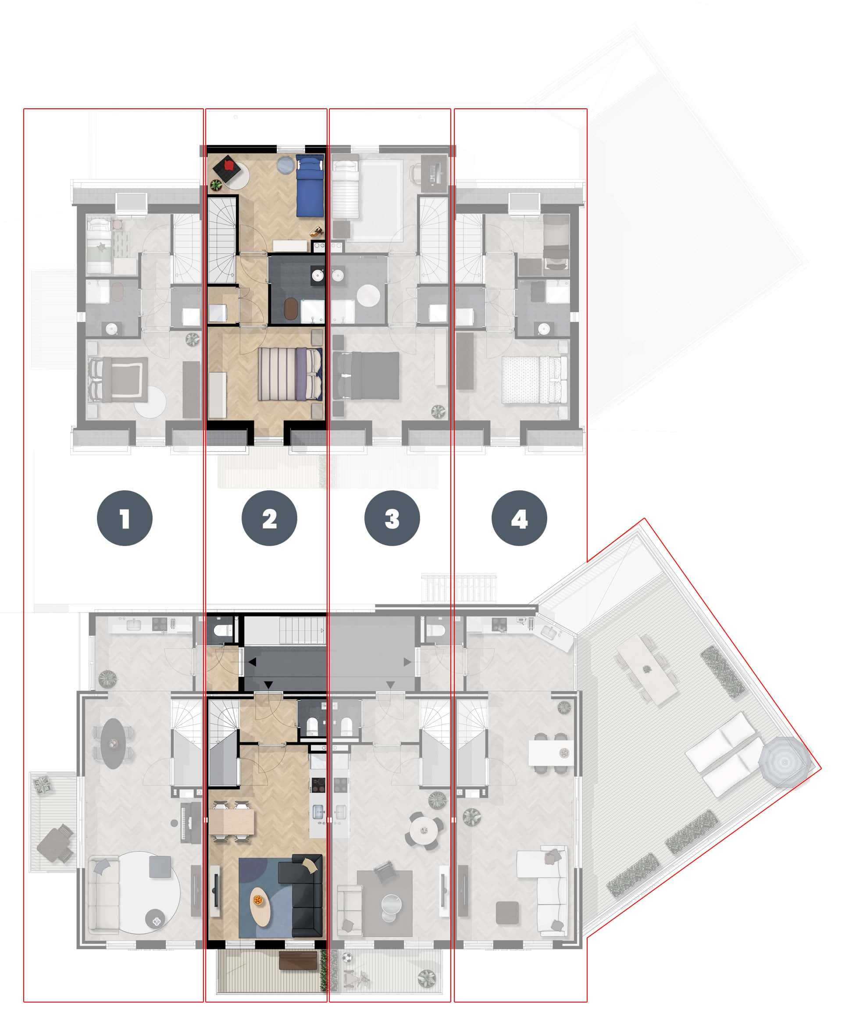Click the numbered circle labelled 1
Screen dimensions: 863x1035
pyautogui.click(x=125, y=518)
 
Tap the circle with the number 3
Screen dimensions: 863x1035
pyautogui.click(x=392, y=518)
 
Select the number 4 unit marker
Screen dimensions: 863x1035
pyautogui.click(x=519, y=518)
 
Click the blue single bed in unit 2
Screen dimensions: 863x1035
pyautogui.click(x=310, y=186)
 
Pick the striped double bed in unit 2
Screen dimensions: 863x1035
pyautogui.click(x=290, y=374)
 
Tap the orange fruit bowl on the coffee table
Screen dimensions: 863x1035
pyautogui.click(x=258, y=900)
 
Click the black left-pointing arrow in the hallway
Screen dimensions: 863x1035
pyautogui.click(x=252, y=662)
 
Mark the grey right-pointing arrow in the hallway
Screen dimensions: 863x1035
pyautogui.click(x=407, y=662)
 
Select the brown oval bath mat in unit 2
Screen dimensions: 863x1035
pyautogui.click(x=291, y=309)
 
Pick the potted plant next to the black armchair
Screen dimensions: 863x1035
pyautogui.click(x=216, y=186)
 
